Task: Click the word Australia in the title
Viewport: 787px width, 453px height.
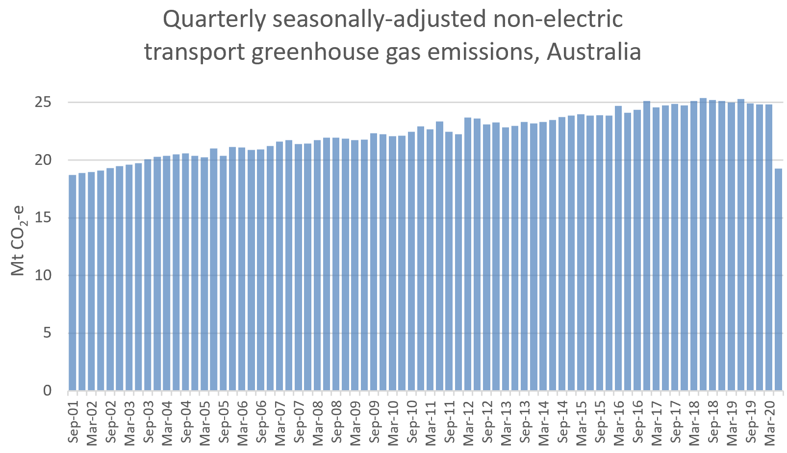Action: [594, 52]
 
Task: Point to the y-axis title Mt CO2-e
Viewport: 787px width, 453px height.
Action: [19, 240]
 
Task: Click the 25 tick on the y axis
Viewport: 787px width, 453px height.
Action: [44, 103]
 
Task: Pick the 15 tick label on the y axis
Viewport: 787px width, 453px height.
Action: [44, 218]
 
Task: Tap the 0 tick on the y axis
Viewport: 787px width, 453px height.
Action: [48, 391]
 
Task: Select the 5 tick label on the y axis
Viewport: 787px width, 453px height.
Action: [48, 333]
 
